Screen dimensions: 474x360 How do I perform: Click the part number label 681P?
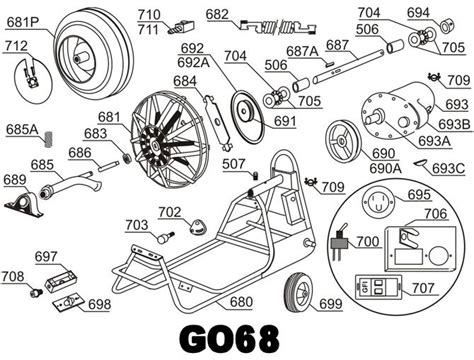coord(22,22)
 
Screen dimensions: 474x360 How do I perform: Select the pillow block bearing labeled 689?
coord(24,204)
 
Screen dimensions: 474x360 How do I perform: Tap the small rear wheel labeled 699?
coord(298,293)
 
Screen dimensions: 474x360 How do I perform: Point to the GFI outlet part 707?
coord(378,287)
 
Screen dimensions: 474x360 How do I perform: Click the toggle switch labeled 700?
coord(340,242)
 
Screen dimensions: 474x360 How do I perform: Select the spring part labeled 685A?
coord(49,139)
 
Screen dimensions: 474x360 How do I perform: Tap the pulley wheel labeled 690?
coord(343,142)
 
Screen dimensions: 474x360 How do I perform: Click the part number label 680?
coord(241,302)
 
